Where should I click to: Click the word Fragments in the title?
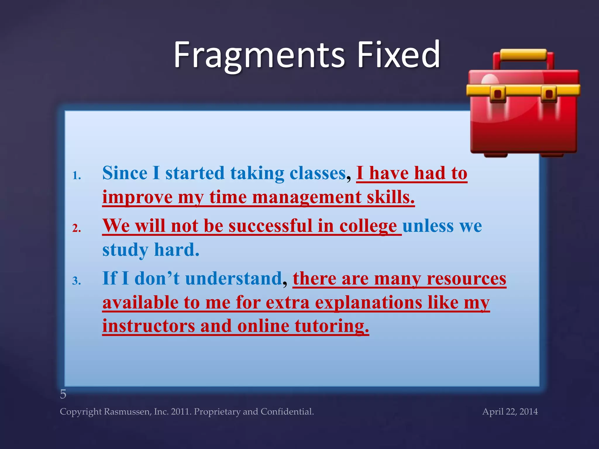(259, 55)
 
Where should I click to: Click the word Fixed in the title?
(398, 55)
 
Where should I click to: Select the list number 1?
(77, 175)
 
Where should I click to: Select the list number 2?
(77, 228)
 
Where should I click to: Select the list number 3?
(77, 281)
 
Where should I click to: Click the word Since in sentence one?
(125, 173)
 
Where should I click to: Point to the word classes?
(318, 173)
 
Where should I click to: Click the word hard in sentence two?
(177, 250)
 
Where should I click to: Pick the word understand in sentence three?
(233, 278)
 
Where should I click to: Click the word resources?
(466, 278)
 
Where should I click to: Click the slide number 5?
(63, 394)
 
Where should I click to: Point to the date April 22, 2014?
(510, 412)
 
